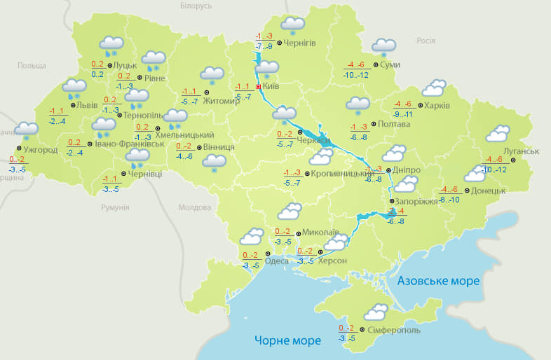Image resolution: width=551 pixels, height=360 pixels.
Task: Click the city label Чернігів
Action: point(300,43)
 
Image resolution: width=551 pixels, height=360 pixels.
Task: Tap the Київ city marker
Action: point(258,87)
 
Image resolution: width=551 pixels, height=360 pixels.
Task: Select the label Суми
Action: point(390,65)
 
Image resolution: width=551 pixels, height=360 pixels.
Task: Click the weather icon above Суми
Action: point(383,46)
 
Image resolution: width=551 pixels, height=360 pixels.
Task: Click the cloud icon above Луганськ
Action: point(498,133)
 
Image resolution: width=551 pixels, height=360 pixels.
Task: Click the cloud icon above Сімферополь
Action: point(376,312)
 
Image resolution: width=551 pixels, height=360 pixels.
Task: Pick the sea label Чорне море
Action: point(287,340)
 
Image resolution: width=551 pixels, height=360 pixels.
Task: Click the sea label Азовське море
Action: point(438,281)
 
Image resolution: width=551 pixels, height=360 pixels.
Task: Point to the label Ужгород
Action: point(40,150)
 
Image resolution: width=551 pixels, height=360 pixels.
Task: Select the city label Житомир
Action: point(221,101)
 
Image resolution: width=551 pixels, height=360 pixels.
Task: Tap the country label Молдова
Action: point(194,207)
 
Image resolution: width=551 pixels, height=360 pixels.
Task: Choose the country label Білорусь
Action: point(196,6)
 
